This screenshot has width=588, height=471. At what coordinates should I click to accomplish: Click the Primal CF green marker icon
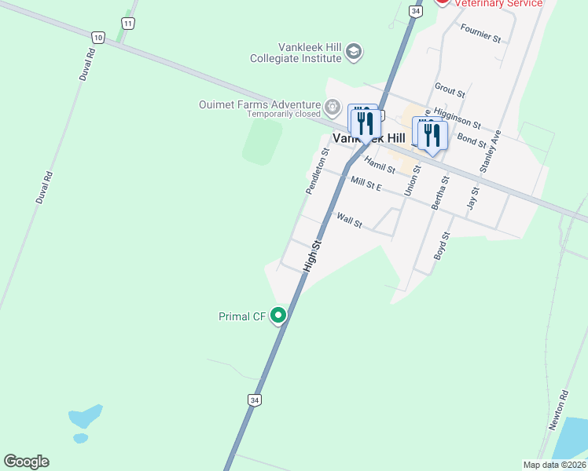tap(278, 316)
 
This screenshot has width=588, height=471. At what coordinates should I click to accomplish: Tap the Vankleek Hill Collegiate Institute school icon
tap(354, 53)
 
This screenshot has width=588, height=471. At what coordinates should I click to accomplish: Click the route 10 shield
tap(97, 37)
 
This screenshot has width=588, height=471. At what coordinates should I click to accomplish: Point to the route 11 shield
tap(128, 24)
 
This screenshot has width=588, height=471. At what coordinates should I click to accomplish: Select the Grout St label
tap(450, 90)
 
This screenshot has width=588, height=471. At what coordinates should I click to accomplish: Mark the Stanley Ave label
tap(491, 152)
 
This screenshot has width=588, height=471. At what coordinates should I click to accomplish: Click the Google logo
tap(26, 462)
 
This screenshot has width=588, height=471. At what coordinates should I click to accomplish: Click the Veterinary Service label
tap(499, 3)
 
